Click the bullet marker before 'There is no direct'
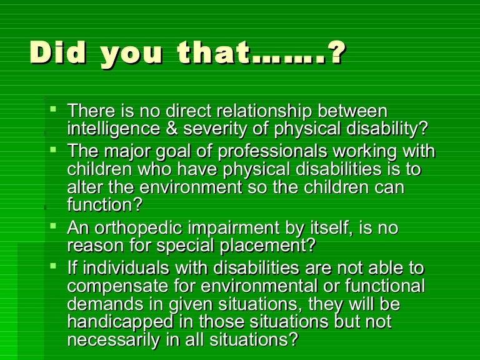(x=54, y=109)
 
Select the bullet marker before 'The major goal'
(x=54, y=149)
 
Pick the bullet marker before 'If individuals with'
(x=54, y=267)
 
